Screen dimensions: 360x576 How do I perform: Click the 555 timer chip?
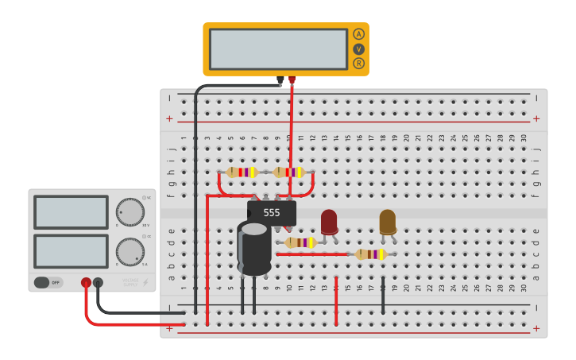pos(272,213)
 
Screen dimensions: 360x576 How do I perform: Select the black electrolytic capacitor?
pos(254,249)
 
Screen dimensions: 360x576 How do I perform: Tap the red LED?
pos(329,221)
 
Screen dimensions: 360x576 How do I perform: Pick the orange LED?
pos(388,221)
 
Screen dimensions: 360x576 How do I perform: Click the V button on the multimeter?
pos(359,48)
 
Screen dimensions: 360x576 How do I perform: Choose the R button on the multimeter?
pos(359,64)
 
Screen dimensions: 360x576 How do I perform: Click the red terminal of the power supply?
pos(86,282)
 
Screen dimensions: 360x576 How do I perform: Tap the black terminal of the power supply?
pos(98,282)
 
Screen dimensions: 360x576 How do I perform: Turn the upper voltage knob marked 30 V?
pos(130,212)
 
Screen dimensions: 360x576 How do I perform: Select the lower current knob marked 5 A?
pos(130,252)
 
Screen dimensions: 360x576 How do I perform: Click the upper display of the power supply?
pos(71,212)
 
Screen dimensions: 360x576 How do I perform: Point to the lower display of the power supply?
pos(71,251)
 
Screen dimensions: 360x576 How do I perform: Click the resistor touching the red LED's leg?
pos(300,242)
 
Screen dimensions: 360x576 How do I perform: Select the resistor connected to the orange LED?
pos(370,254)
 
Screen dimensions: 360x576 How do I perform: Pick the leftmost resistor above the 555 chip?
pos(241,172)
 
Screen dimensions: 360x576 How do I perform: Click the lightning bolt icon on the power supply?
pos(145,283)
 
